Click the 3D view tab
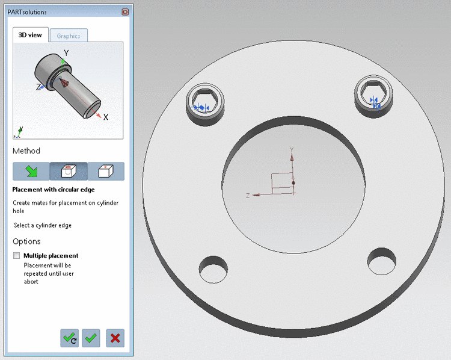(x=30, y=35)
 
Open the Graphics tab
(x=69, y=36)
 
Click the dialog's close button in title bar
(x=125, y=12)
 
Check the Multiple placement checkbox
(x=16, y=256)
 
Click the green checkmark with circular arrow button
(x=70, y=338)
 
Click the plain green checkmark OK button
(x=91, y=338)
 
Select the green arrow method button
(x=31, y=172)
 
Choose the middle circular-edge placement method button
(x=69, y=172)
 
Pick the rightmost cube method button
(x=106, y=172)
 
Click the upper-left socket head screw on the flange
(x=206, y=99)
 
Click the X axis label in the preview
(x=106, y=117)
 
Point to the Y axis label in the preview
(x=67, y=53)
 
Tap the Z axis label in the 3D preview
(x=38, y=87)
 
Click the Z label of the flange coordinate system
(x=248, y=196)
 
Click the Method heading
(x=26, y=151)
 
